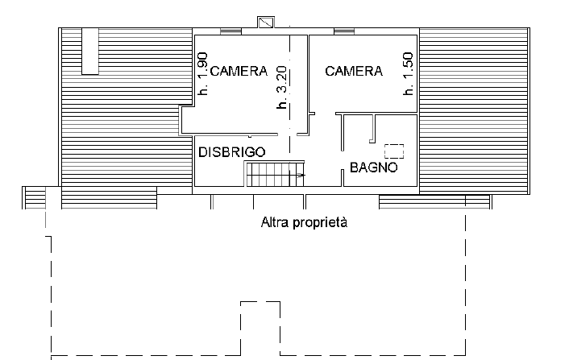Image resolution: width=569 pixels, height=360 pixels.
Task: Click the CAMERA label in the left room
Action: tap(239, 71)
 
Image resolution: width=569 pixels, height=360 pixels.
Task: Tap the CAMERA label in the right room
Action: tap(354, 71)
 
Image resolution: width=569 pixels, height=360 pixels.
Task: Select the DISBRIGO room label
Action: tap(232, 151)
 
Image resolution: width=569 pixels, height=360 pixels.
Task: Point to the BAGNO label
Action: tap(373, 168)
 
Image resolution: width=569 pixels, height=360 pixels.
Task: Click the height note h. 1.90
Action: tap(203, 75)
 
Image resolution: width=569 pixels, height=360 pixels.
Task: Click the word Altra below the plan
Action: tap(276, 221)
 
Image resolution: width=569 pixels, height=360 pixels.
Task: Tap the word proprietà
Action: tap(320, 222)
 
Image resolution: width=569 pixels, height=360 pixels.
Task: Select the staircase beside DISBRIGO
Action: tap(274, 174)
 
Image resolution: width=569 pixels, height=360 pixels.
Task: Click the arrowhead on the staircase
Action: tap(302, 174)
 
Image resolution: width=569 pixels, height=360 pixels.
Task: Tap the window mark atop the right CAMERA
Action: tap(344, 31)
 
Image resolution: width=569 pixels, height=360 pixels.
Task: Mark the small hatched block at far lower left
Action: tap(35, 197)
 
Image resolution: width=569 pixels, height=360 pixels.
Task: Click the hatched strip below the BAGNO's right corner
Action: tap(434, 201)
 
